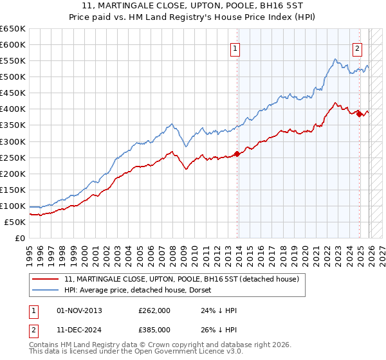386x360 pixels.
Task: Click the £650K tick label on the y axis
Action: point(13,29)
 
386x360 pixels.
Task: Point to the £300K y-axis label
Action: point(13,141)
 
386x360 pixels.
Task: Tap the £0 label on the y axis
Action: point(20,238)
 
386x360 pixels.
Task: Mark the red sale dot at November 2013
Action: point(237,154)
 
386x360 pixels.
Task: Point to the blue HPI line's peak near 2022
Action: point(335,60)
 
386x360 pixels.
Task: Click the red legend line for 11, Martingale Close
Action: point(46,280)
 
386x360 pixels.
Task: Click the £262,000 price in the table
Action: point(154,310)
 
